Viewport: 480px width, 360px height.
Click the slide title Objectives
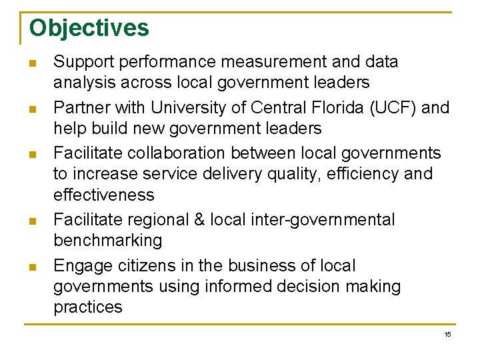89,29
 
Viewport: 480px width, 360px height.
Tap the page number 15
447,334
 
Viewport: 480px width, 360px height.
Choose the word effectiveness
103,195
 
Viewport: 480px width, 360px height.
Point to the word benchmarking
107,241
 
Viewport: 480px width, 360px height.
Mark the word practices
88,307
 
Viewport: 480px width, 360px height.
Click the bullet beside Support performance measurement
31,64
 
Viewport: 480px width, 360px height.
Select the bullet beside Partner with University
31,109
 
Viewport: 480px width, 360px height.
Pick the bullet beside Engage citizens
31,267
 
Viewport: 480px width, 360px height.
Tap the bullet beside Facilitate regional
31,221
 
